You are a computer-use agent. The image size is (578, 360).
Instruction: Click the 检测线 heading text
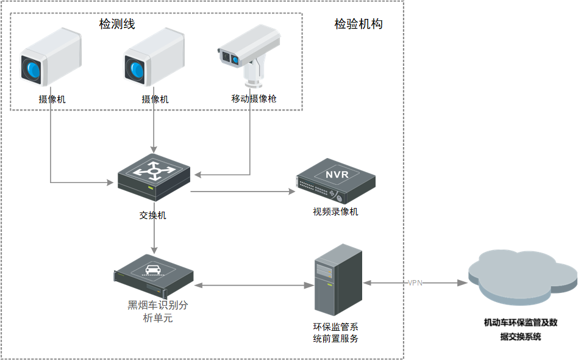point(117,24)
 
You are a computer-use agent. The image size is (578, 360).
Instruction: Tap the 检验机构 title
point(359,24)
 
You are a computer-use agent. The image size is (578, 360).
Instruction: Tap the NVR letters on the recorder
point(337,175)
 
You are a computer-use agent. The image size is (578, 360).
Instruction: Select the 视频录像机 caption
point(335,212)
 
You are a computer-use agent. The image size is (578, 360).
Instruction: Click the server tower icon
point(338,279)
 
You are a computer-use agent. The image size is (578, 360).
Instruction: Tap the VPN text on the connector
point(415,283)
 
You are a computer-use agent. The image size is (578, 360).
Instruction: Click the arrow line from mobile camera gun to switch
point(251,146)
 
